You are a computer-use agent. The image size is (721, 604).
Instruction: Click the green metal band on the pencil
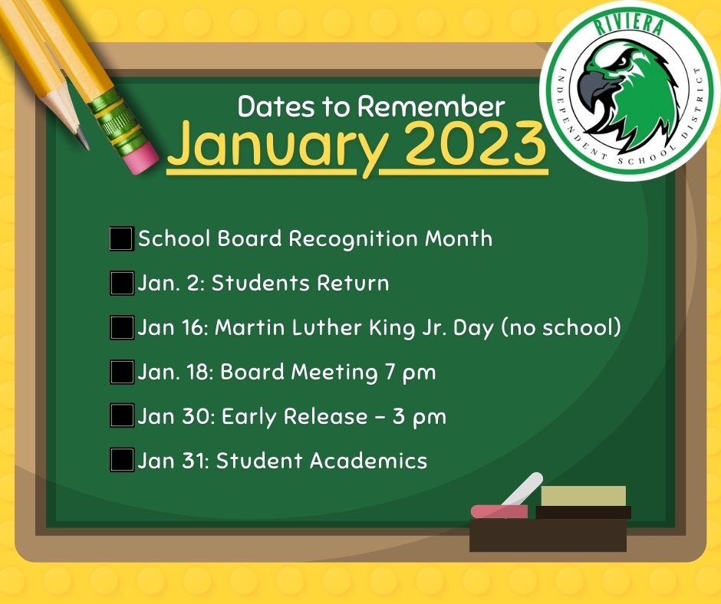[110, 117]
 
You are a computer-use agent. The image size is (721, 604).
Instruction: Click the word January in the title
[278, 147]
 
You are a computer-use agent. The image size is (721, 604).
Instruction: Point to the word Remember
[431, 107]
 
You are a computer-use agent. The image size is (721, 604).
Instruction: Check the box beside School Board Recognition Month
[122, 238]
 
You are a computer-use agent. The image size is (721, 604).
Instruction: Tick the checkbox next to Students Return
[122, 283]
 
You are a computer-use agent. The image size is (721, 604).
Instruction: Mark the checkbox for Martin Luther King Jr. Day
[122, 327]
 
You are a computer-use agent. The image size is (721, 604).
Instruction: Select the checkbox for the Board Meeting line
[122, 372]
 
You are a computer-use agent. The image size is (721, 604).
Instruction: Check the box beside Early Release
[122, 415]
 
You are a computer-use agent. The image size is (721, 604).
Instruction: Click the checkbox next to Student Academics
[122, 460]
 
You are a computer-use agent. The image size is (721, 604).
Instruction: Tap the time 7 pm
[410, 372]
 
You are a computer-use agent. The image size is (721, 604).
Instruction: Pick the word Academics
[369, 460]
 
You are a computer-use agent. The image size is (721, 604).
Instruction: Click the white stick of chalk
[522, 490]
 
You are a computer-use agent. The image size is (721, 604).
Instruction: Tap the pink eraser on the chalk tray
[499, 510]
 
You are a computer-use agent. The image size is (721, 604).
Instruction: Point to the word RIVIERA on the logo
[629, 24]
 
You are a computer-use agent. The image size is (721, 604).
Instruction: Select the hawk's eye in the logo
[621, 61]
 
